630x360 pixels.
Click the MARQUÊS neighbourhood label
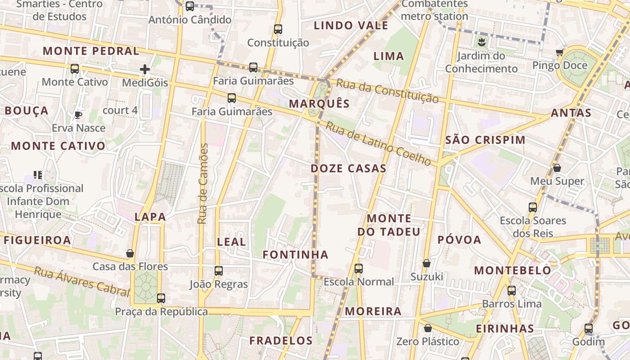click(319, 103)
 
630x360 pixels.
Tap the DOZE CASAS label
click(348, 169)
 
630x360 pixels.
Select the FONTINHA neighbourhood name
click(295, 255)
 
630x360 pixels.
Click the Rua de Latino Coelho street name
click(378, 143)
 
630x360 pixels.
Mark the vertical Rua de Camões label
click(203, 184)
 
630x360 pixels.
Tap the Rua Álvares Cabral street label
click(81, 282)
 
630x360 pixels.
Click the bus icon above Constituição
click(278, 29)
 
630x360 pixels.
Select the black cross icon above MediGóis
click(144, 69)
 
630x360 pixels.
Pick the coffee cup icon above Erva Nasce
click(78, 115)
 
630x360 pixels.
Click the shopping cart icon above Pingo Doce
click(559, 52)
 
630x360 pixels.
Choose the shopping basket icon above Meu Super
click(557, 168)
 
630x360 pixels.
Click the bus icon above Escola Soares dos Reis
click(533, 207)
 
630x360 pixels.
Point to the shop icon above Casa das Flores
click(130, 253)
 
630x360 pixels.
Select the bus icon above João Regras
click(219, 271)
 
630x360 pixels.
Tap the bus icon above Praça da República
click(161, 298)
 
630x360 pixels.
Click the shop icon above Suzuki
click(426, 263)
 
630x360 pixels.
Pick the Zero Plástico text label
click(427, 342)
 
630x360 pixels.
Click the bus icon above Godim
click(588, 328)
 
